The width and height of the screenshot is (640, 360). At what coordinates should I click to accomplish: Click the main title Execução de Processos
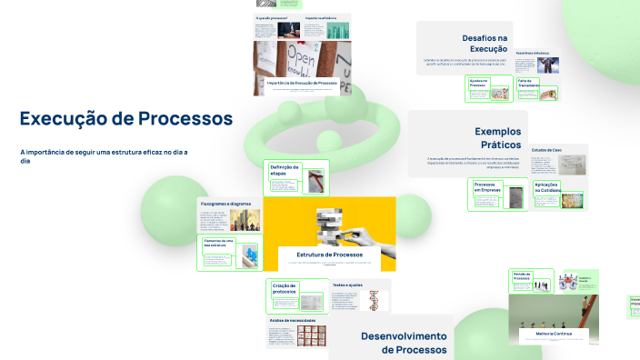click(x=126, y=118)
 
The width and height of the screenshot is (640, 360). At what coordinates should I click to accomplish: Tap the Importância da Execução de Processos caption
click(x=304, y=83)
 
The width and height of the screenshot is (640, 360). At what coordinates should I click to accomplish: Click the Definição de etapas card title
click(x=285, y=170)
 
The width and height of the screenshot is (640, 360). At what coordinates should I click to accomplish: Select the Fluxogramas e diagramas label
click(x=225, y=204)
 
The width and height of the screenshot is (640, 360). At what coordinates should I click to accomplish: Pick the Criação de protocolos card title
click(x=285, y=289)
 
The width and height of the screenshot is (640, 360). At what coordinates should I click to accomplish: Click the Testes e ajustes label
click(x=346, y=285)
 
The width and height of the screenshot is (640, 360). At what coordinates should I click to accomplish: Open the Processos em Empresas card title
click(x=485, y=187)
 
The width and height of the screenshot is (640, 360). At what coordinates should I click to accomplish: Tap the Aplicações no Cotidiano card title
click(x=546, y=187)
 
